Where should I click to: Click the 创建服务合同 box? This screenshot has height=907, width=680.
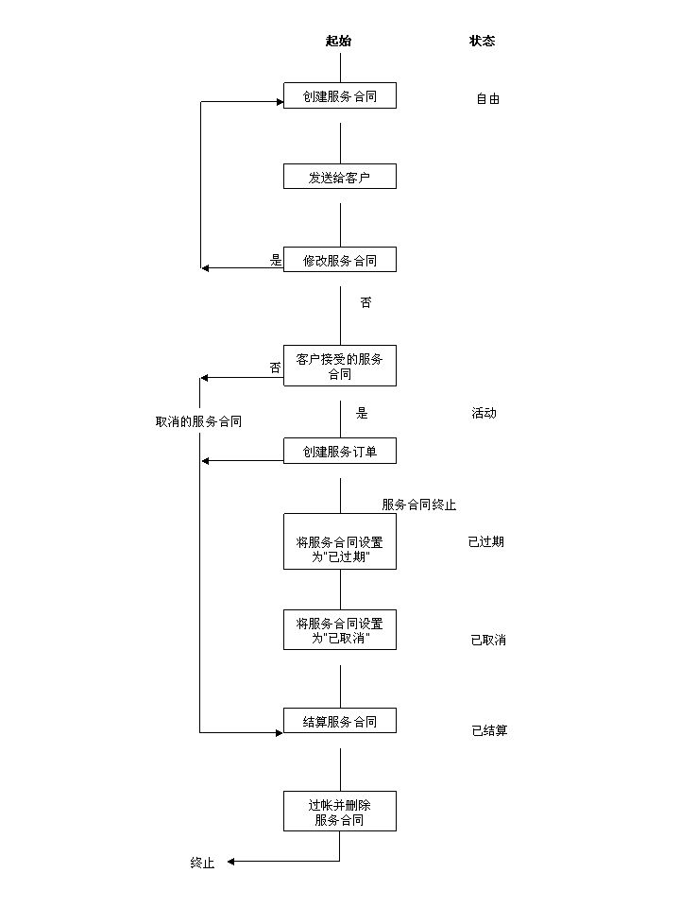[340, 95]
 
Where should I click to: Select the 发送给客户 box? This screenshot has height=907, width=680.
[340, 177]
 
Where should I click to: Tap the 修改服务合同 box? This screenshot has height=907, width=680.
[340, 260]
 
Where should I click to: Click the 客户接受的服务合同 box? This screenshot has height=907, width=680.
[340, 366]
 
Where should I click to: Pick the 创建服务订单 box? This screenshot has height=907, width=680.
[340, 452]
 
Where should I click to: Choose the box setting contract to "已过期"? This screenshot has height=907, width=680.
[340, 541]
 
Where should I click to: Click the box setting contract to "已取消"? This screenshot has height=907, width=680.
[340, 629]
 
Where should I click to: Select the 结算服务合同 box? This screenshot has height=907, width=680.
[340, 721]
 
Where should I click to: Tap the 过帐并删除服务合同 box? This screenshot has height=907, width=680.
[340, 812]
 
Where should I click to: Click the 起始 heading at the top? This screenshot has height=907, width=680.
[338, 41]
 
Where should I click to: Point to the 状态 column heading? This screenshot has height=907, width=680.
[482, 41]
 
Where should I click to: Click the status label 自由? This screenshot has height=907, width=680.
[487, 98]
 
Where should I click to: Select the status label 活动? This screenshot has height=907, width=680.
[484, 413]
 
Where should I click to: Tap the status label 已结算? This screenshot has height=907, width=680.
[489, 730]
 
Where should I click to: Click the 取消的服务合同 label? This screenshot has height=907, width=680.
[198, 421]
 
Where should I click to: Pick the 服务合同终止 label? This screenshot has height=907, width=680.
[418, 505]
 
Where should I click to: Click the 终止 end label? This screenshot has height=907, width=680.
[202, 863]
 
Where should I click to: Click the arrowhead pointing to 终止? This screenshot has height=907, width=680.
[231, 861]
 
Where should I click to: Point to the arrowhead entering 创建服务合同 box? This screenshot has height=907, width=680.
[280, 102]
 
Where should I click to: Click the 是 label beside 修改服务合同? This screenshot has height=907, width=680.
[276, 260]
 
